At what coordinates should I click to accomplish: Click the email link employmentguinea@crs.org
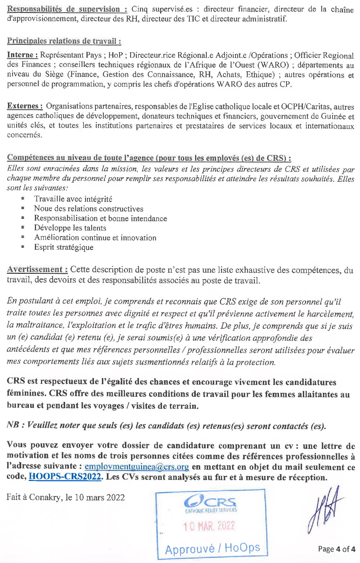[136, 467]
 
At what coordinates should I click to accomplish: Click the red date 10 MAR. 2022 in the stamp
[209, 526]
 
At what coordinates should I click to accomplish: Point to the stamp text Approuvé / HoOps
[212, 548]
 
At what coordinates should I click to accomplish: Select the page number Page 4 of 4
[336, 549]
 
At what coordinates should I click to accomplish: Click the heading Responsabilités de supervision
[67, 9]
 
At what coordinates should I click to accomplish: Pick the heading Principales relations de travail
[64, 41]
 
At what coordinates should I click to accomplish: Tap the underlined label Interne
[22, 55]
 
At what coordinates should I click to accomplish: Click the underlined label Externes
[25, 106]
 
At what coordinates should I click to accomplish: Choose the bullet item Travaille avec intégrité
[73, 199]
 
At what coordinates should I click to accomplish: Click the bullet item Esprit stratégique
[64, 247]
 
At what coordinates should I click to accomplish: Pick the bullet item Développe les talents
[70, 228]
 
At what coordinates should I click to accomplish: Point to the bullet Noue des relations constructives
[89, 209]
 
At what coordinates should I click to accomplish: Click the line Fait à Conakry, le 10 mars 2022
[66, 497]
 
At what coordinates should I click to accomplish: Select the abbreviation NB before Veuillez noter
[13, 425]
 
